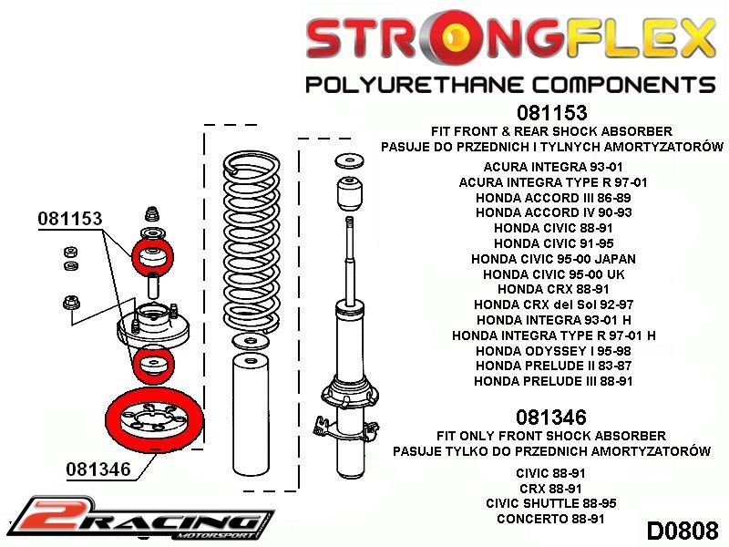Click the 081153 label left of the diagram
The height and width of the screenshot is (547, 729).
(70, 219)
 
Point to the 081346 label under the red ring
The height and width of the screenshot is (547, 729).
(98, 470)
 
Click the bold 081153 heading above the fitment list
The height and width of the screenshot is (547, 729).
(551, 114)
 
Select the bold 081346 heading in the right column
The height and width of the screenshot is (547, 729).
(551, 418)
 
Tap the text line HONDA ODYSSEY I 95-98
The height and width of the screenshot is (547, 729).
(553, 350)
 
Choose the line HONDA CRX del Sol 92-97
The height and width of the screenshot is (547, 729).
(553, 304)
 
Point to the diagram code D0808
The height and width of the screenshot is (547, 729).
(683, 530)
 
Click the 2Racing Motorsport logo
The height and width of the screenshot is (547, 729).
(137, 517)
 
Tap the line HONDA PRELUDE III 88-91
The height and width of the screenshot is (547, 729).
(553, 381)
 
